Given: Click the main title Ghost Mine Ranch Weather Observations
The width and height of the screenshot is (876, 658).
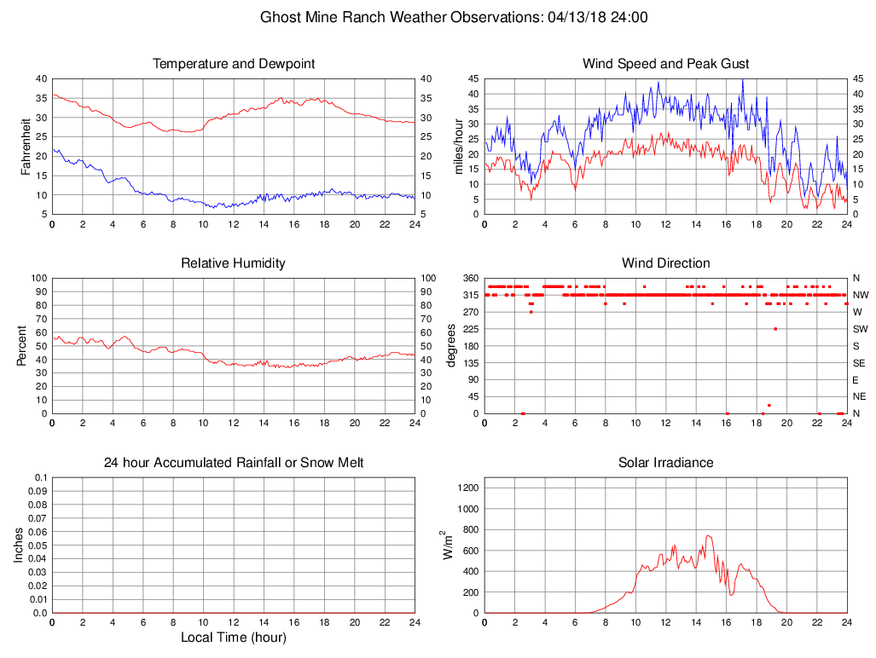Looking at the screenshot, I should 453,17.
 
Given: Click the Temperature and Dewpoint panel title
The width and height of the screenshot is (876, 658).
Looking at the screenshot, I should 234,64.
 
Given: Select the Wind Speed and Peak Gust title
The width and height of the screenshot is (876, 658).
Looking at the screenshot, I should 665,64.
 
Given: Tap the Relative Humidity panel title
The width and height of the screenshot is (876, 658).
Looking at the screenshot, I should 234,263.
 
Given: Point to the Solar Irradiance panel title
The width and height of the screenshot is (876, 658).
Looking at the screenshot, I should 665,463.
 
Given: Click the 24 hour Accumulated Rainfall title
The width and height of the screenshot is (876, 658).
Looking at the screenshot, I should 234,463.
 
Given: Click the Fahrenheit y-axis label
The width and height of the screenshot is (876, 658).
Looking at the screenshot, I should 26,146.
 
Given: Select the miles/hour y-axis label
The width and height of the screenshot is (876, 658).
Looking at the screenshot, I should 458,146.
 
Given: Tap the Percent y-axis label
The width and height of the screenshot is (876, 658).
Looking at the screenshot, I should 21,345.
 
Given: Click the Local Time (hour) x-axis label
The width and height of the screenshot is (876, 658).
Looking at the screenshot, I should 234,637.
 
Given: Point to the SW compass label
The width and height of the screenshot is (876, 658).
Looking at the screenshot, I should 860,329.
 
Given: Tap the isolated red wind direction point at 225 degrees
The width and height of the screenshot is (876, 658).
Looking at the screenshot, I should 775,329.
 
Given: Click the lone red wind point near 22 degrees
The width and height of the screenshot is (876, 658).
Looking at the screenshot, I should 769,405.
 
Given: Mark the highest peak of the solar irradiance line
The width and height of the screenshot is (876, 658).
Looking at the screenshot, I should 708,535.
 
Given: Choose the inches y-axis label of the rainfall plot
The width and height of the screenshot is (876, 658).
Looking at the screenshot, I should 19,545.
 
